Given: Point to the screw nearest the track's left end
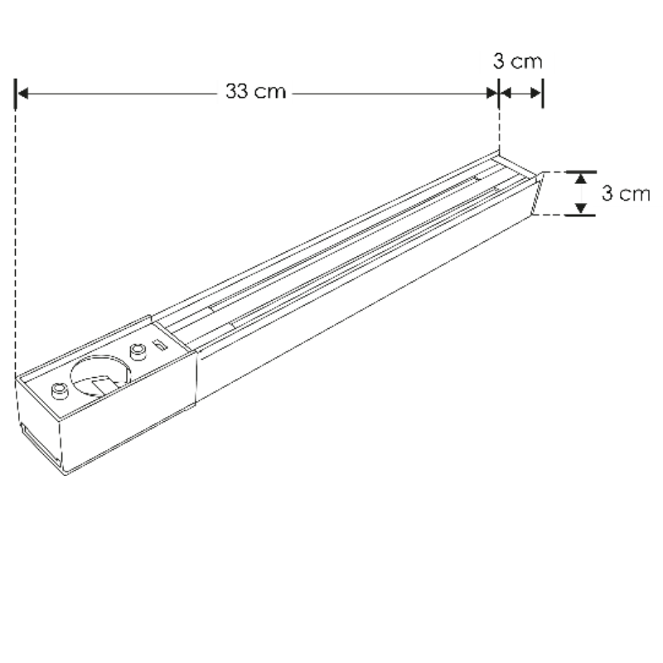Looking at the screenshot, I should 60,391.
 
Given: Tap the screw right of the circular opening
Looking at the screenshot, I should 138,351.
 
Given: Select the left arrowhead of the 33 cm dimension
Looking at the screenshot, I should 23,94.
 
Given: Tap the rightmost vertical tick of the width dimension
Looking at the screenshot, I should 542,94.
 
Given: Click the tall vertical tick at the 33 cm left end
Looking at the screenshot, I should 16,94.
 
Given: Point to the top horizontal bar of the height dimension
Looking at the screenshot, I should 582,172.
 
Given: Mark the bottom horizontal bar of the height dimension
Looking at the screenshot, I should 582,215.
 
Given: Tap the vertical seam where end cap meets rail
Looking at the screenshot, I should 196,377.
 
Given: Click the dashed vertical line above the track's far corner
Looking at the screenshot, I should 499,128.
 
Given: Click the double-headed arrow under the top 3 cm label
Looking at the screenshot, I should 520,94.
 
